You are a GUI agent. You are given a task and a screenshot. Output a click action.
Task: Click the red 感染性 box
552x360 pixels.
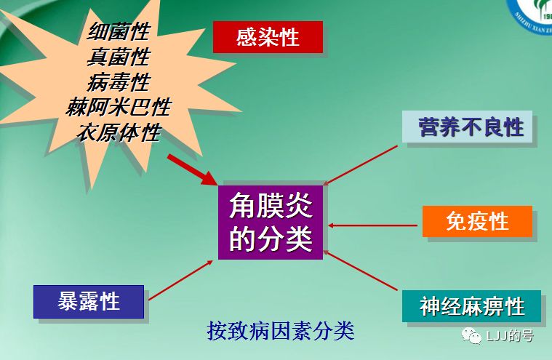point(268,37)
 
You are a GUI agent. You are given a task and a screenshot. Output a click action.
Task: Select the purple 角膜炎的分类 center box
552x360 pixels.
point(271,222)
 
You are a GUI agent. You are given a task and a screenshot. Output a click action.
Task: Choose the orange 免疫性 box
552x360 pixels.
point(477,221)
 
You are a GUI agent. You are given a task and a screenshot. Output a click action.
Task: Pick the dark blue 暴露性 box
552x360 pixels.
point(89,300)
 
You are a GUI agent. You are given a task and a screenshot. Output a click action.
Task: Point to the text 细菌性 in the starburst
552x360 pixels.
point(119,32)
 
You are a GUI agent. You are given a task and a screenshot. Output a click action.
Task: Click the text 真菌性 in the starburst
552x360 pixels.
point(119,57)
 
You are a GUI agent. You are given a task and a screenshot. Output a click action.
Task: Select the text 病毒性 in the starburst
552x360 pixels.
point(119,82)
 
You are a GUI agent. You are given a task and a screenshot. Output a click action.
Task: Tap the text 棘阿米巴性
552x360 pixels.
point(119,108)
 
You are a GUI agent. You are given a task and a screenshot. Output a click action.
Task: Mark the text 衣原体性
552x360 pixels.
point(119,133)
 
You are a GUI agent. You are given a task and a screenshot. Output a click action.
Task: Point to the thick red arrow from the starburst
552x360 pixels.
point(193,169)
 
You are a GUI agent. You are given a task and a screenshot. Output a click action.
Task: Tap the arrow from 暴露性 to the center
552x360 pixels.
point(180,279)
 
